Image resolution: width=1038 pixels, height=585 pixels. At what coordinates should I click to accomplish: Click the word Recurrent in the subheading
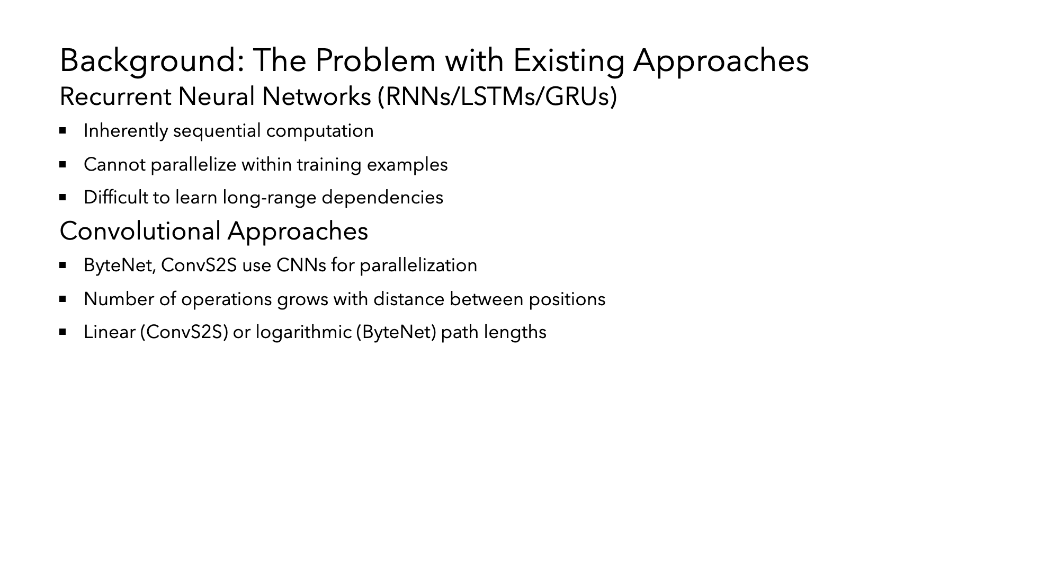click(115, 97)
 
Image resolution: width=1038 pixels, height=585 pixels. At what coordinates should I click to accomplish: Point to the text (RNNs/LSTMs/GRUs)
click(497, 97)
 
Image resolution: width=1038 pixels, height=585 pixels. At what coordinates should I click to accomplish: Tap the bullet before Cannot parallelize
click(63, 164)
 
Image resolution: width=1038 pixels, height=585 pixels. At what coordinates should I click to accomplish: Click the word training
click(329, 165)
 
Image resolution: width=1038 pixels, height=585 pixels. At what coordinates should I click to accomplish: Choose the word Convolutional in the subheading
click(140, 232)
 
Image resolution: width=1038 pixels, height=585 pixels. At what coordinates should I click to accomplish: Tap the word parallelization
click(418, 266)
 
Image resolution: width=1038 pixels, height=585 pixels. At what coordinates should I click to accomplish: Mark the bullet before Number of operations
click(63, 299)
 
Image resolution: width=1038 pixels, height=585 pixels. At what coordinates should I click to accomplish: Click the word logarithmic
click(303, 333)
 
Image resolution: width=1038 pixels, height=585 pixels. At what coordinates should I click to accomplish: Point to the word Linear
click(110, 332)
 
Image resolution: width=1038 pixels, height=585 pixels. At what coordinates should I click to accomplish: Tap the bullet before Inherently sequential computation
click(63, 130)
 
